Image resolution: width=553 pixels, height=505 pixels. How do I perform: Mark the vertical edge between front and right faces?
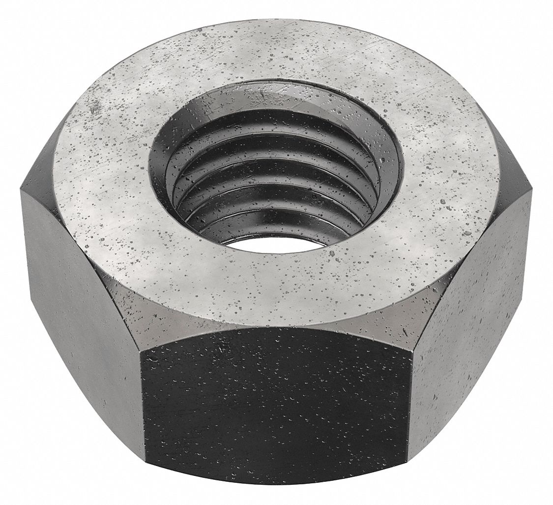(410, 394)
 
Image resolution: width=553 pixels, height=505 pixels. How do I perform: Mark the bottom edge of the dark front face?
(275, 492)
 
